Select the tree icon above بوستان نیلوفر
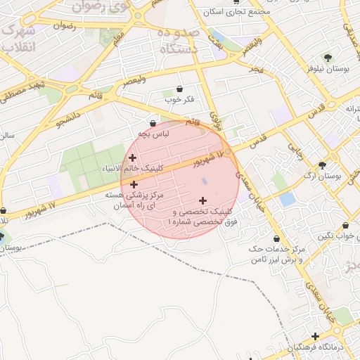point(328,57)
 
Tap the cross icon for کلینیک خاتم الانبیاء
point(132,157)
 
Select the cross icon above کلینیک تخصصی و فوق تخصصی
point(203,200)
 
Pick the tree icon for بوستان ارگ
point(322,165)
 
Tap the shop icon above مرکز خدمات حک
point(276,239)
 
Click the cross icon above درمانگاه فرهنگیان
point(316,336)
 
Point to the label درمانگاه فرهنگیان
point(319,348)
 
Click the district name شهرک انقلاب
point(19,39)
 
